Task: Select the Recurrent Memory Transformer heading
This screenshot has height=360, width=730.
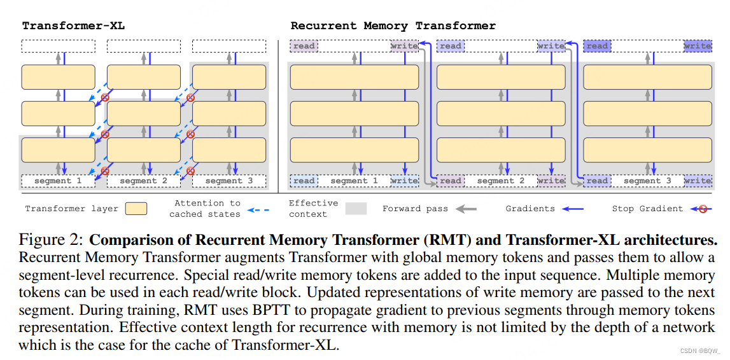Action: click(x=393, y=26)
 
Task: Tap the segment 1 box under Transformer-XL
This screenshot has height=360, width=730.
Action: click(x=58, y=181)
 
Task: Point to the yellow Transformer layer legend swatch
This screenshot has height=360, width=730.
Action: click(x=137, y=209)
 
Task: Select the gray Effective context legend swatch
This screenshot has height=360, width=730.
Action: click(x=356, y=209)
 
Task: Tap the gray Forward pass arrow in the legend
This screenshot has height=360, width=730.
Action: click(x=465, y=209)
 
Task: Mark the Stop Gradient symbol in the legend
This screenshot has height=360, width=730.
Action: click(x=703, y=209)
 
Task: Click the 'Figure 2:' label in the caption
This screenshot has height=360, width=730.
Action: click(x=50, y=240)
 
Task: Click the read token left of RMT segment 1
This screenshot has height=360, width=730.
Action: click(x=304, y=181)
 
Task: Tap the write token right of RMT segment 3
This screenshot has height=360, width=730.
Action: click(x=698, y=181)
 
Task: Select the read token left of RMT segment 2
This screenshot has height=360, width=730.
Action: click(x=450, y=181)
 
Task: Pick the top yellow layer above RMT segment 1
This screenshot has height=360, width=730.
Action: click(x=354, y=77)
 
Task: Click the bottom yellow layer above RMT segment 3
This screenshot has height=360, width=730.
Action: click(x=647, y=150)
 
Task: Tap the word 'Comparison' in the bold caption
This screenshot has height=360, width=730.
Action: click(x=133, y=241)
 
